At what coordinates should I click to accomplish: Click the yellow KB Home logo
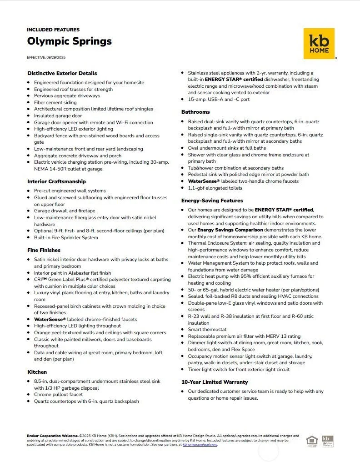click(x=319, y=43)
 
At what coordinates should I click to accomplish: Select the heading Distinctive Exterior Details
click(x=62, y=73)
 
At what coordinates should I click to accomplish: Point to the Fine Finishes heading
click(x=44, y=250)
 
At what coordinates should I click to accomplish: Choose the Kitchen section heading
click(x=37, y=372)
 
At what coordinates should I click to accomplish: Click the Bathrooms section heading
click(x=195, y=112)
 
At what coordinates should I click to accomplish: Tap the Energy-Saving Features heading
click(x=212, y=201)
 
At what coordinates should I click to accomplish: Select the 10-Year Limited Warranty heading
click(x=215, y=382)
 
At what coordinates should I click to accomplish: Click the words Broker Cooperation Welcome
click(x=52, y=436)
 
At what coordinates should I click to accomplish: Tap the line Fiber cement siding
click(x=55, y=102)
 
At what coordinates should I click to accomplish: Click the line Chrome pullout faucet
click(x=58, y=395)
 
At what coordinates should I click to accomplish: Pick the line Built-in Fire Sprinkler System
click(x=66, y=237)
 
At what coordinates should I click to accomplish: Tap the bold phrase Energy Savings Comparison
click(x=230, y=230)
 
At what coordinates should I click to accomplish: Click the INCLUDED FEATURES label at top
click(x=53, y=30)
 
